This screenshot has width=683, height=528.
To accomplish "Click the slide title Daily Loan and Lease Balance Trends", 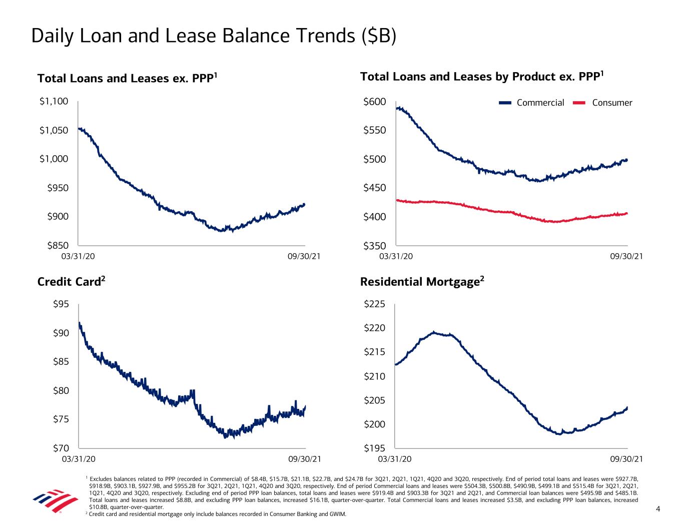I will click(x=214, y=36).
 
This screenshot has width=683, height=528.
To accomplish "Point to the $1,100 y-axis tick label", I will click(x=54, y=102).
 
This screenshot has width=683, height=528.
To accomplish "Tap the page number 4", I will click(x=658, y=509).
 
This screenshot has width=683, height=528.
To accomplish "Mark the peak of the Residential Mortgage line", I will click(x=433, y=332).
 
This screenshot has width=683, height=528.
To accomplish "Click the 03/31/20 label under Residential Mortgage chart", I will click(x=395, y=458).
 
